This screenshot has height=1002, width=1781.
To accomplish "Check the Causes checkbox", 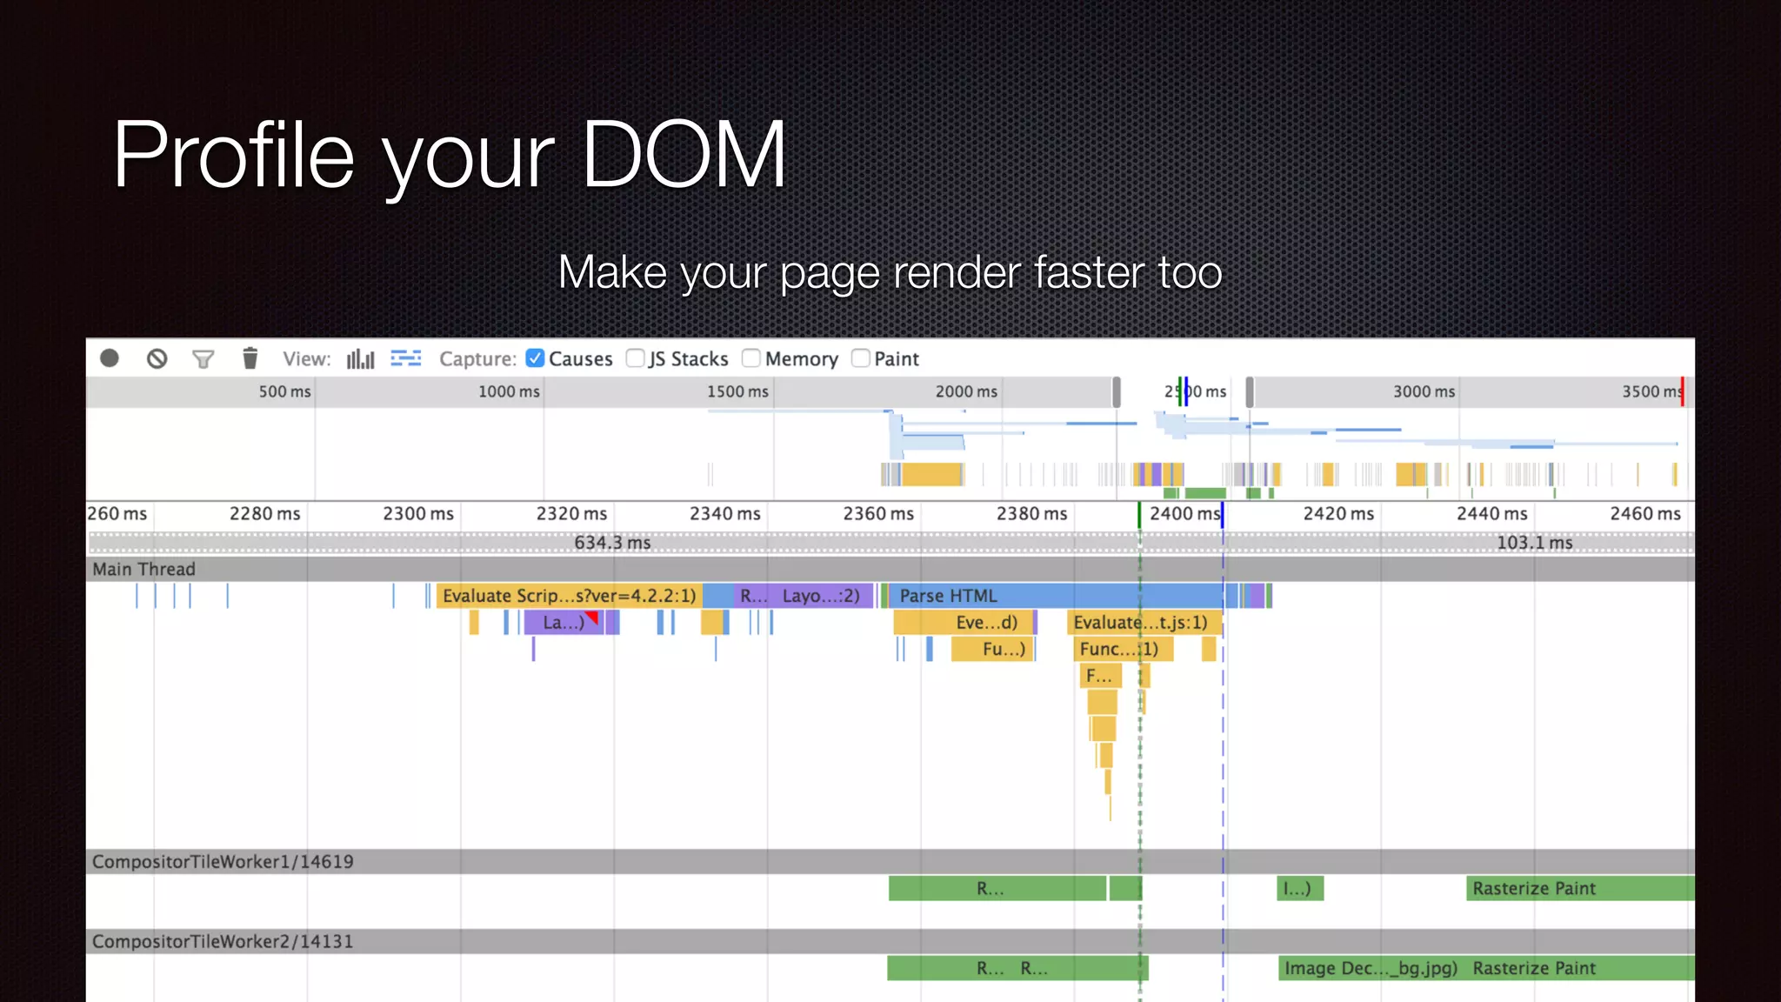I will click(536, 358).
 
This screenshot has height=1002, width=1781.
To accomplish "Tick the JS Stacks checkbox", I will click(636, 358).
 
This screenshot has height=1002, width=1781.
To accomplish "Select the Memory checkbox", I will click(751, 358).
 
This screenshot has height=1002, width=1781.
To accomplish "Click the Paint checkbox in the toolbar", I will click(861, 358).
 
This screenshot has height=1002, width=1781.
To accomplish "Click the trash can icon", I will click(250, 358).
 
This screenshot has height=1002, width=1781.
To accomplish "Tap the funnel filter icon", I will click(203, 358).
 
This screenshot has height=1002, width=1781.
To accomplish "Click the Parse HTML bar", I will click(1009, 596).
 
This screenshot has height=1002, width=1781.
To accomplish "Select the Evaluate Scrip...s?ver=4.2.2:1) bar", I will click(569, 596).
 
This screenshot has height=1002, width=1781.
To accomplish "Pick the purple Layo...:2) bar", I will click(820, 596).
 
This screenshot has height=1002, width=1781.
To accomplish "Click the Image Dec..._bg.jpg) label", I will click(1371, 968).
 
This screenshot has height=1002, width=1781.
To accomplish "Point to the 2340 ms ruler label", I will click(724, 514).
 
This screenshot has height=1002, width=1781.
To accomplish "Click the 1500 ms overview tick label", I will click(737, 391).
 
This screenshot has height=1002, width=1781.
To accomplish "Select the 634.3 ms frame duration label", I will click(612, 543).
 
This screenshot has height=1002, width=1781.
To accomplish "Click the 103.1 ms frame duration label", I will click(1534, 543).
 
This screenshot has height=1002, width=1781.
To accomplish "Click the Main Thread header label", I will click(144, 569).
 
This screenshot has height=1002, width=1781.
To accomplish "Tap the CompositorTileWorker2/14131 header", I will click(223, 941).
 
